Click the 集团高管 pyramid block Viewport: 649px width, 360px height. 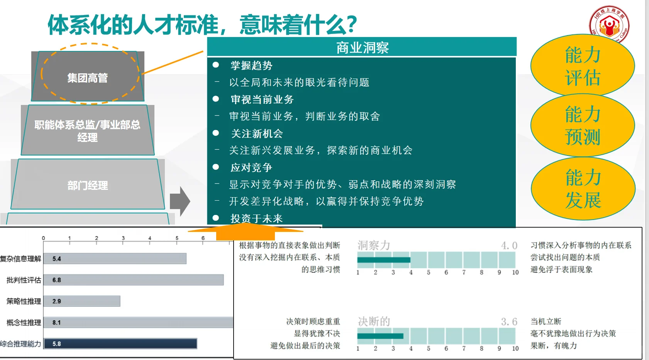click(x=88, y=78)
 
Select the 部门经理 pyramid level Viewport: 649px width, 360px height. click(x=88, y=185)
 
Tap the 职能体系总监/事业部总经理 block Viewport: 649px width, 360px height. click(x=88, y=131)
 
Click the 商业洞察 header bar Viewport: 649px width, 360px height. click(x=362, y=47)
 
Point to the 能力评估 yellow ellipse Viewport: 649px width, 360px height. click(x=582, y=66)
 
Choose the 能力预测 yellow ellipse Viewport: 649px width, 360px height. click(x=582, y=125)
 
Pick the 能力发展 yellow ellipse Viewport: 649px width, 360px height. click(x=583, y=189)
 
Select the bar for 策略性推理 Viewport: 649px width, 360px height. click(x=82, y=301)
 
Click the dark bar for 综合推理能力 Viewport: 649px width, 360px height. click(x=120, y=343)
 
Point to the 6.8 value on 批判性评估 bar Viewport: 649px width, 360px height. click(x=57, y=280)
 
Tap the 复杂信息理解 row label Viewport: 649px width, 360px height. click(x=20, y=259)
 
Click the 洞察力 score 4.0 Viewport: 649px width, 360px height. click(x=509, y=245)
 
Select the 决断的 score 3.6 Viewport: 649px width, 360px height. click(x=509, y=322)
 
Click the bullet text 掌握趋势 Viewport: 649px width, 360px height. click(x=251, y=66)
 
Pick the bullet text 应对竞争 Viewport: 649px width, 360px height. click(x=251, y=167)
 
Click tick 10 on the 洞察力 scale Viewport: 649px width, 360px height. click(x=515, y=272)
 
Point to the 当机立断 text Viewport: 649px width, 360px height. click(x=546, y=321)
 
